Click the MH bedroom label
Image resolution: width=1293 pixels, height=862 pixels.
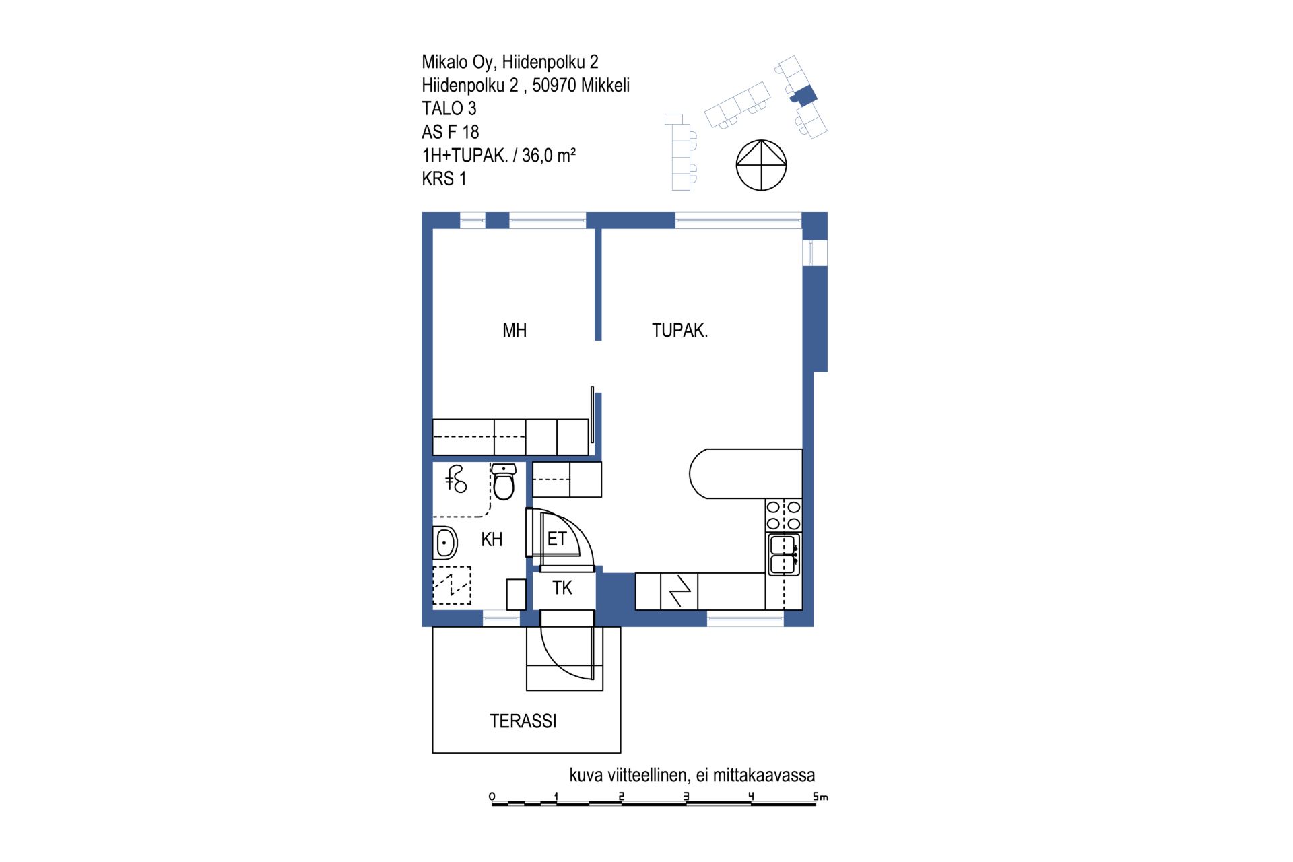pos(515,331)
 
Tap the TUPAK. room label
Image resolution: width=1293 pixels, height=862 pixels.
pos(679,331)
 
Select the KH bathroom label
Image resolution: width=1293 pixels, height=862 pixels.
pos(492,539)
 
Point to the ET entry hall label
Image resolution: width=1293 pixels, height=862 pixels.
pos(557,539)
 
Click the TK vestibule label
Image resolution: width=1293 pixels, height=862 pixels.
pos(562,588)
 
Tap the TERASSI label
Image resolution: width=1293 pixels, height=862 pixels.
pos(523,721)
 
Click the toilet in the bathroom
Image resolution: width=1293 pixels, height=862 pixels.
pos(504,481)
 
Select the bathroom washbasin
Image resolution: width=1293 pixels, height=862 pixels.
pos(444,543)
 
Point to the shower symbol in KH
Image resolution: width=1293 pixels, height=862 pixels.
pos(456,479)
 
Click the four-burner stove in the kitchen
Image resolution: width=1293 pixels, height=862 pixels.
pos(784,515)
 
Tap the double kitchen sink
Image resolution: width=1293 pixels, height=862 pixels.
pos(784,554)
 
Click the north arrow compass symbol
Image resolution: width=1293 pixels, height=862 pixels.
pos(761,165)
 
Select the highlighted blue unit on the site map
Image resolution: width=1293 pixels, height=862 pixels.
pos(803,95)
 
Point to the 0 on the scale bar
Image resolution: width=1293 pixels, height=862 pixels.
pos(492,797)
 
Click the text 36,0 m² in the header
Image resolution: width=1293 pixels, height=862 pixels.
pos(549,156)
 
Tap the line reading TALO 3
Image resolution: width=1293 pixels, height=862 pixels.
pos(449,108)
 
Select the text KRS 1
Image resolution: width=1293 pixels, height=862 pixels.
pos(444,178)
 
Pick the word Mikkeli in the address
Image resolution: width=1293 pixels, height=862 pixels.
pos(605,86)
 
